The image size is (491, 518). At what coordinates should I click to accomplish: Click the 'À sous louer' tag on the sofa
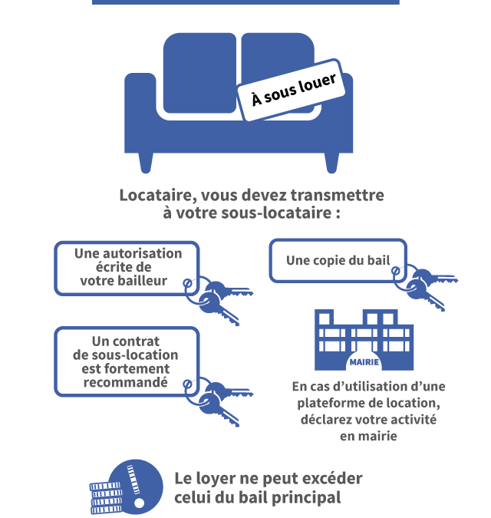click(292, 90)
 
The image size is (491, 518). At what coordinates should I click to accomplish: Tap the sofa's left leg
click(146, 163)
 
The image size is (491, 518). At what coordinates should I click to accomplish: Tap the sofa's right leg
click(332, 163)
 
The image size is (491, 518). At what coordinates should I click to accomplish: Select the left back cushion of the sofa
click(199, 73)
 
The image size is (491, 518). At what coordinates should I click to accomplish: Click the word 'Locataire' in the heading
click(156, 195)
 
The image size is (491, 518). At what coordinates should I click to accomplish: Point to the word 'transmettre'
click(337, 195)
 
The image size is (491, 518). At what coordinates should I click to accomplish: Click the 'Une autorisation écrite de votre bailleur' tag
click(127, 269)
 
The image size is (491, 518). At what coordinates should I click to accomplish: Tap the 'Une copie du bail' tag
click(338, 261)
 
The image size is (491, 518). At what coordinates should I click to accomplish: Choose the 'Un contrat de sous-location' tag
click(127, 361)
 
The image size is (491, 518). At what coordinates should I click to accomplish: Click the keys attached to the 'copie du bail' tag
click(426, 287)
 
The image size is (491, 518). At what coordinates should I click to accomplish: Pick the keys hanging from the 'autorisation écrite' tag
click(219, 300)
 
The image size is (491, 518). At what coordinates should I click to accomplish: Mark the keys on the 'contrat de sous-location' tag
click(219, 401)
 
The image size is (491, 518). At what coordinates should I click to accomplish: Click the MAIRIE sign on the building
click(364, 362)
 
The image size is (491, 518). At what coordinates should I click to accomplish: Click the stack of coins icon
click(106, 498)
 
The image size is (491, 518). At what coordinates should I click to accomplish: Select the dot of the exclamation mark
click(140, 503)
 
